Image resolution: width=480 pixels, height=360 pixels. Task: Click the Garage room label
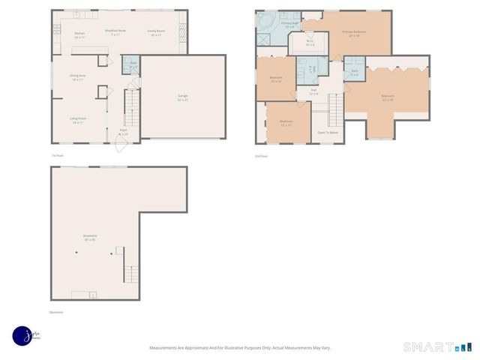(x=182, y=98)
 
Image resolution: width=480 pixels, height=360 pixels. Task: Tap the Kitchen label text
(x=79, y=34)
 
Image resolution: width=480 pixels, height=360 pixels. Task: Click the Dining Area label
(x=76, y=77)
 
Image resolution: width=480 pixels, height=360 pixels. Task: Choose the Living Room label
(x=77, y=120)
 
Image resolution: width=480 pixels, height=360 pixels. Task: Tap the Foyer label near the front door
(x=123, y=132)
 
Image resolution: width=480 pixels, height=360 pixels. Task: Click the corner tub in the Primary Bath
(x=265, y=20)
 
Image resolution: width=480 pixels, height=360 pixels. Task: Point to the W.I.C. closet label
(x=309, y=43)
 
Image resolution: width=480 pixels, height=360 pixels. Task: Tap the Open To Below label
(x=328, y=132)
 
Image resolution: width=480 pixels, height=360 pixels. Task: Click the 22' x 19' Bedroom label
(x=387, y=97)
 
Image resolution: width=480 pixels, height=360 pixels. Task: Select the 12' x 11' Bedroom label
(x=286, y=123)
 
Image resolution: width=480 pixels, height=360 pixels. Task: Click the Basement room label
(x=89, y=238)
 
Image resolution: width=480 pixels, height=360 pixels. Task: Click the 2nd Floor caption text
(x=261, y=155)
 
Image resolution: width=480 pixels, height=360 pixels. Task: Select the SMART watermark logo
(x=438, y=346)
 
